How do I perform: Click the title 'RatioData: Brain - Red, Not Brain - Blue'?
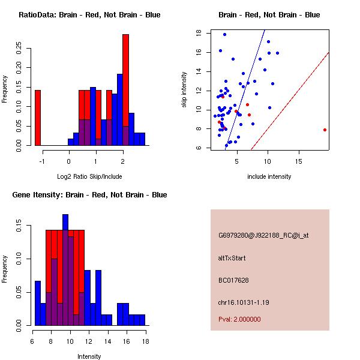pyautogui.click(x=89, y=15)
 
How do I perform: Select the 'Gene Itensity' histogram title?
pyautogui.click(x=89, y=195)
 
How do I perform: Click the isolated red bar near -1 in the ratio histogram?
pyautogui.click(x=38, y=118)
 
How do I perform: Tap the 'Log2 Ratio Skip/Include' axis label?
pyautogui.click(x=89, y=176)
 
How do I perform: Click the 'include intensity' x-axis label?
pyautogui.click(x=269, y=176)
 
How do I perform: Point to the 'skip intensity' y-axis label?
pyautogui.click(x=185, y=90)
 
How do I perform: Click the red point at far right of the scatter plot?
pyautogui.click(x=325, y=130)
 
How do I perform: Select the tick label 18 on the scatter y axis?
pyautogui.click(x=199, y=34)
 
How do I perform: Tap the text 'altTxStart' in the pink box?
pyautogui.click(x=232, y=258)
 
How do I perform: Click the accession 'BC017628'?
pyautogui.click(x=233, y=280)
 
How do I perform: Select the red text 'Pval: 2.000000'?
pyautogui.click(x=239, y=319)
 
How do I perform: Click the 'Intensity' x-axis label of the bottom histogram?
pyautogui.click(x=89, y=356)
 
